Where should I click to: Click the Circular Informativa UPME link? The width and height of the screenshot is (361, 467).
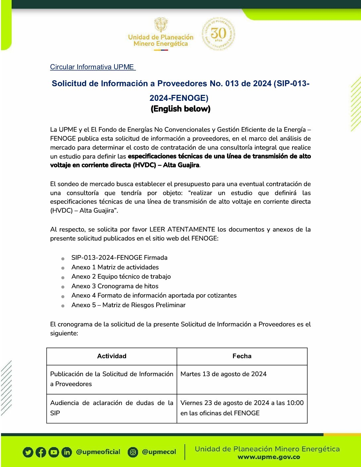tap(93, 67)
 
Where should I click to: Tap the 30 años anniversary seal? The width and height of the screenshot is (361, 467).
tap(218, 34)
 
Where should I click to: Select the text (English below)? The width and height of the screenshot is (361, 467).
tap(180, 109)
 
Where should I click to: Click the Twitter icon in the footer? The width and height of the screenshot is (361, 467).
tap(28, 452)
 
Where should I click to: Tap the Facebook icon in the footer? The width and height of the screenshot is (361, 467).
tap(41, 452)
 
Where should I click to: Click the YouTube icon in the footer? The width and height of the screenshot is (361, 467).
tap(54, 452)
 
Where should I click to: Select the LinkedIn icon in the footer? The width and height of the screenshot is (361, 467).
tap(67, 452)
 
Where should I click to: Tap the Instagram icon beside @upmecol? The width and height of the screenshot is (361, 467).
tap(133, 452)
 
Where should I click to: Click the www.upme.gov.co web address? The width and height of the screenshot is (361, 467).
tap(269, 457)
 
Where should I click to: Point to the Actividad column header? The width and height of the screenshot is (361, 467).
tap(112, 356)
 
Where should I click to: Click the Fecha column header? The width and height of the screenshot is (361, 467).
tap(242, 356)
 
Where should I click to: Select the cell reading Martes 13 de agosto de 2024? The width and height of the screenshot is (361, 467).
tap(224, 374)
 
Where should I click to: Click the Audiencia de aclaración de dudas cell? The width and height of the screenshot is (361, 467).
tap(112, 408)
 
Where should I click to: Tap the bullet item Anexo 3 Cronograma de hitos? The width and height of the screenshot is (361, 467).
tap(115, 286)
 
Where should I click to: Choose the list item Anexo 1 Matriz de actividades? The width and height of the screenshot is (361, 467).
tap(115, 267)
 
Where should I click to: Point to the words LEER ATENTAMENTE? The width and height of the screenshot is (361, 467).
tap(182, 230)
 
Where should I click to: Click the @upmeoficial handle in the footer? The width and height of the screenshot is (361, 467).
tap(98, 452)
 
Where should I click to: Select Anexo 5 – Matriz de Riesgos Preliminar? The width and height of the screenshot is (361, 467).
tap(128, 305)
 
